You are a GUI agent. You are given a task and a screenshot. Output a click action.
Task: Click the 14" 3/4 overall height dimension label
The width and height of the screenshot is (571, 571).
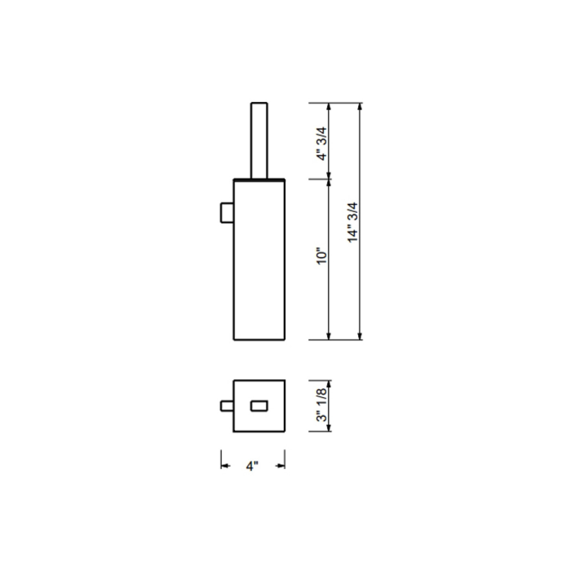point(353,222)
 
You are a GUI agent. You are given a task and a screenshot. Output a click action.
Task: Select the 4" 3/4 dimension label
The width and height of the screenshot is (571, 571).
point(322,144)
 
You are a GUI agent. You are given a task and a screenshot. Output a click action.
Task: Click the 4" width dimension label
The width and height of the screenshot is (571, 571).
point(252,466)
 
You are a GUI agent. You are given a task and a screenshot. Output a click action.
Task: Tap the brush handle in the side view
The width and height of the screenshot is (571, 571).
point(259,140)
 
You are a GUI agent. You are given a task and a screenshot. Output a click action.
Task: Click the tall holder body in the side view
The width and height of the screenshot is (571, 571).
point(259,260)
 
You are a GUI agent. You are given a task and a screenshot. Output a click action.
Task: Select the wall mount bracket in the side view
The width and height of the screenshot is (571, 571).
point(227,213)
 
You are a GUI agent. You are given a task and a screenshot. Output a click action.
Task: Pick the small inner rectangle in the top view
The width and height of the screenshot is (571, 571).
point(259,406)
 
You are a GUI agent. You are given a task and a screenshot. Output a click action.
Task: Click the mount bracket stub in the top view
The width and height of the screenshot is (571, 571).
point(227,406)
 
